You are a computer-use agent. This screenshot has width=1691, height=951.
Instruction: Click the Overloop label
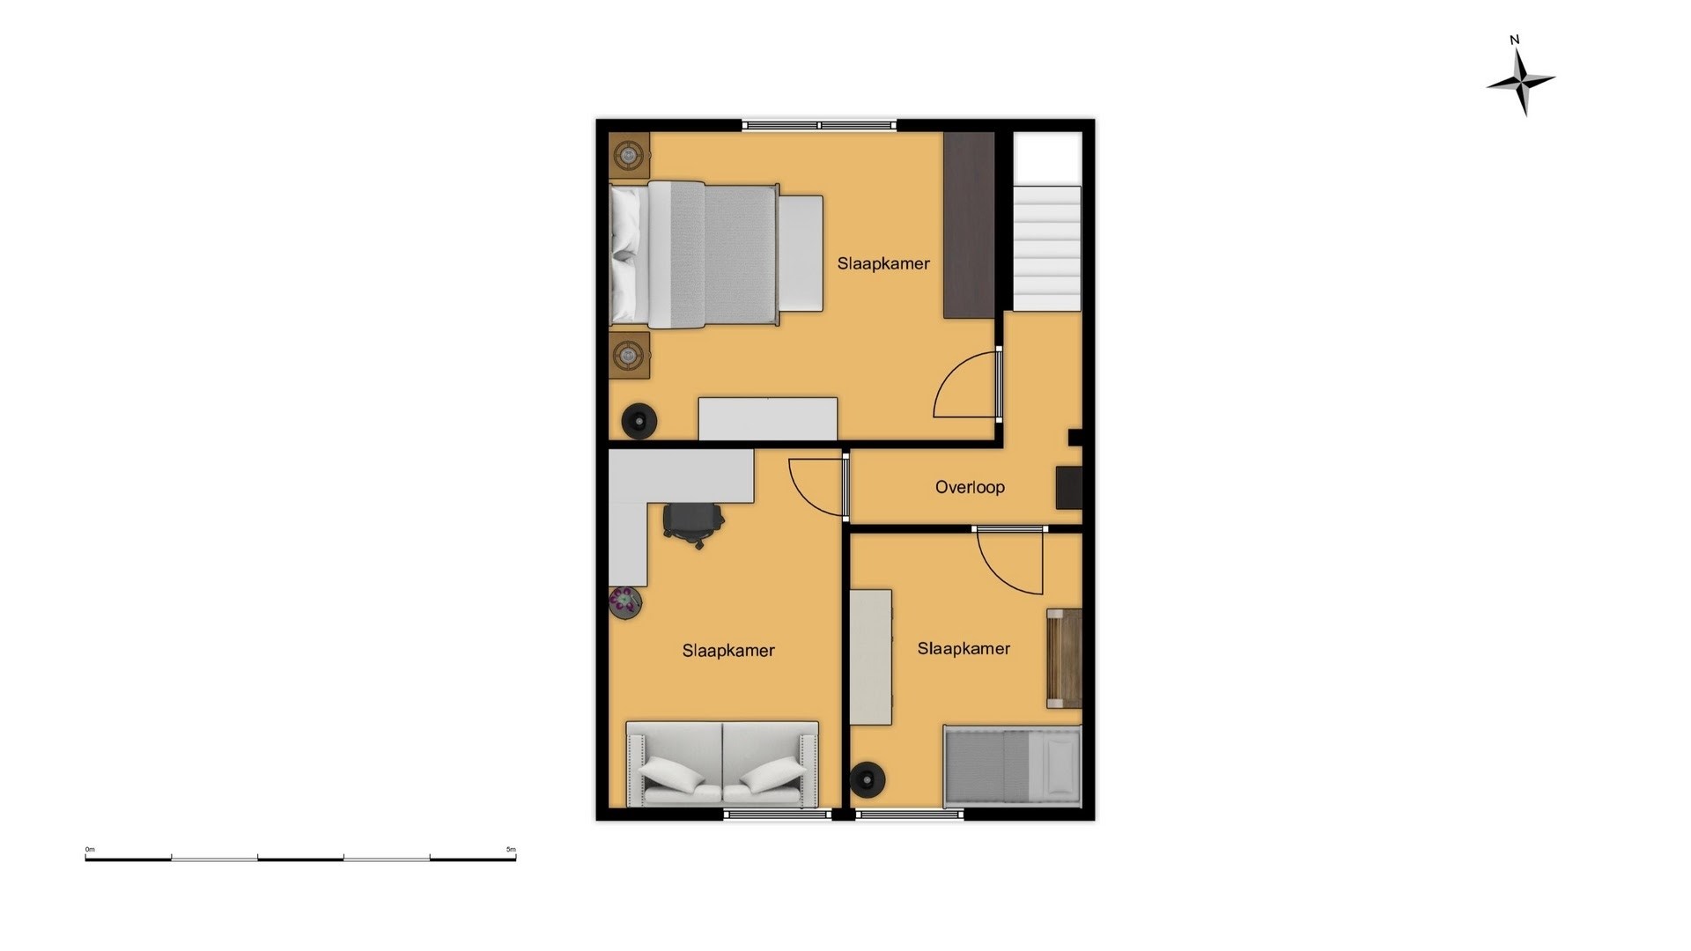(970, 487)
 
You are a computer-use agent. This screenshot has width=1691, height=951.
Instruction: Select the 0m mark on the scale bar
(89, 850)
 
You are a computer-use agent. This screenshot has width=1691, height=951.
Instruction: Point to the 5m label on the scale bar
(511, 850)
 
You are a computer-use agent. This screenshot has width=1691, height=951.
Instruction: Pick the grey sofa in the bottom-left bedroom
(722, 764)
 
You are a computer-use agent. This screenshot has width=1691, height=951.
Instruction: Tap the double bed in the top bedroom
(716, 254)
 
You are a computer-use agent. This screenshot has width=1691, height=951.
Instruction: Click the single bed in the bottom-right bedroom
(1012, 766)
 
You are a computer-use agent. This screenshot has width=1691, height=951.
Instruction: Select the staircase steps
(1047, 247)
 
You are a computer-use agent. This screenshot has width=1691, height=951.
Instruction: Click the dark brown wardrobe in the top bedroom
(969, 225)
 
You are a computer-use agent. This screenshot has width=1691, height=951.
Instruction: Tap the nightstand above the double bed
(629, 156)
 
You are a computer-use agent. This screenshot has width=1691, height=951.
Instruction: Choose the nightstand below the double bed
(629, 355)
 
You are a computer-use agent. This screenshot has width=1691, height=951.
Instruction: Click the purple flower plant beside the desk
(625, 602)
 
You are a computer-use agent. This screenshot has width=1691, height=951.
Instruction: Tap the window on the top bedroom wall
(819, 126)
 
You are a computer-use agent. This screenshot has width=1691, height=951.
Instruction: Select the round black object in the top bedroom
(639, 421)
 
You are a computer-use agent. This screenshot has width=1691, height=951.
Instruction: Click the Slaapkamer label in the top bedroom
(883, 263)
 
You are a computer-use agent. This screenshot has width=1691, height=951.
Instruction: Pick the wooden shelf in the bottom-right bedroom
(1064, 659)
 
